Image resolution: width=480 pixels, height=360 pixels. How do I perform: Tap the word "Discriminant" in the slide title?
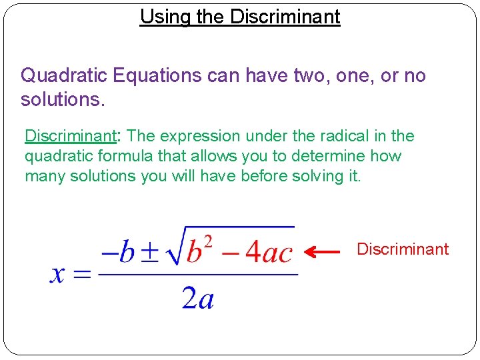(285, 17)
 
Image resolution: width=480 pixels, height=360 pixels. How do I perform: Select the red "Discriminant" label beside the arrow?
(403, 249)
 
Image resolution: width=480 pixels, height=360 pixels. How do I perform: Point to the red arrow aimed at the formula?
(323, 251)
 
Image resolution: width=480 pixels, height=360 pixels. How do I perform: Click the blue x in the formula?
(59, 274)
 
